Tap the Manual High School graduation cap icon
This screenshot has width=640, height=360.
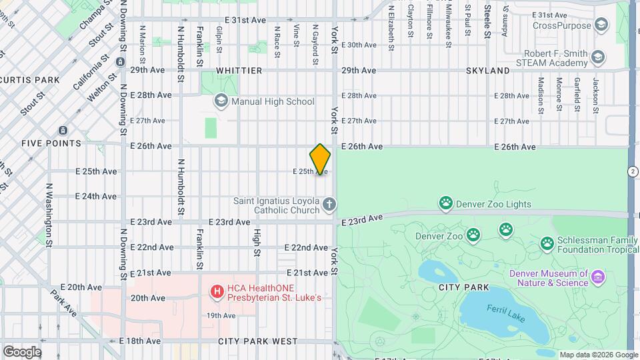pyautogui.click(x=221, y=101)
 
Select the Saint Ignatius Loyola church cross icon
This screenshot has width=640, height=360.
pyautogui.click(x=329, y=205)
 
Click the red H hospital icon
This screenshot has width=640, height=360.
pyautogui.click(x=216, y=291)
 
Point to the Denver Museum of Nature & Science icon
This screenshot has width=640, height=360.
pyautogui.click(x=597, y=276)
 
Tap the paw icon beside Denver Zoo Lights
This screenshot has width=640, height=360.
pyautogui.click(x=445, y=202)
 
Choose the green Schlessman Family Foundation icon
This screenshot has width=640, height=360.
pyautogui.click(x=547, y=244)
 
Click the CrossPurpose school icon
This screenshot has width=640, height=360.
pyautogui.click(x=601, y=25)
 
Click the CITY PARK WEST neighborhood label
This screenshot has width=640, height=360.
pyautogui.click(x=257, y=341)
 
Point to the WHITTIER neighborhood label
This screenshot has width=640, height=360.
pyautogui.click(x=239, y=70)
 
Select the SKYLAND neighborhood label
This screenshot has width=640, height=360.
pyautogui.click(x=488, y=70)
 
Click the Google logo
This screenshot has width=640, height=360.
pyautogui.click(x=22, y=351)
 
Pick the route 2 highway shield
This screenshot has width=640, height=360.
pyautogui.click(x=632, y=171)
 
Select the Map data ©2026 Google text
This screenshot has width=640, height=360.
pyautogui.click(x=597, y=355)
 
